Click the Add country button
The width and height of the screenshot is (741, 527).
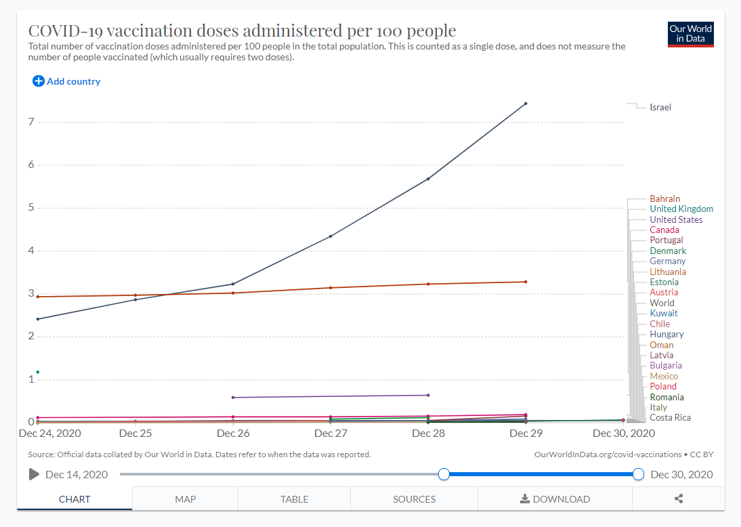pyautogui.click(x=66, y=81)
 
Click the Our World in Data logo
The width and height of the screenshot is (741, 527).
pyautogui.click(x=690, y=35)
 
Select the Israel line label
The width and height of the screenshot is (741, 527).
pyautogui.click(x=660, y=107)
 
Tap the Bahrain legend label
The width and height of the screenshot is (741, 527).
pyautogui.click(x=664, y=198)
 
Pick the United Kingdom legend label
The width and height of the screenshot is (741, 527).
pyautogui.click(x=681, y=209)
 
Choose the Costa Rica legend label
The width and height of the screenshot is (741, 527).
pyautogui.click(x=670, y=417)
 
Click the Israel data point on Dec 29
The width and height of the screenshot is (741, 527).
pyautogui.click(x=526, y=104)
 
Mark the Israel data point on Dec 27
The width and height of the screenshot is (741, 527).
pyautogui.click(x=331, y=236)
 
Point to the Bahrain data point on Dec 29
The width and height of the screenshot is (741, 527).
pyautogui.click(x=526, y=282)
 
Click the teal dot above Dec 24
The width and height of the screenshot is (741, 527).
pyautogui.click(x=38, y=372)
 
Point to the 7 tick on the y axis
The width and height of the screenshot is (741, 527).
pyautogui.click(x=30, y=122)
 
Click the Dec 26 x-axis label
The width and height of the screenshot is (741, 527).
pyautogui.click(x=233, y=433)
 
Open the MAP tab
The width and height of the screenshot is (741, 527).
pyautogui.click(x=185, y=499)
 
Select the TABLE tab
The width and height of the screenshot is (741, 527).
pyautogui.click(x=294, y=499)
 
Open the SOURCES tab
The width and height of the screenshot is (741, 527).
pyautogui.click(x=414, y=499)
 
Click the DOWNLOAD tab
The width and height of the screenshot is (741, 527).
pyautogui.click(x=555, y=499)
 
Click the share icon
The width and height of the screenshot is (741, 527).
pyautogui.click(x=679, y=499)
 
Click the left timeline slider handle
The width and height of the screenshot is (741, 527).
pyautogui.click(x=444, y=474)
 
